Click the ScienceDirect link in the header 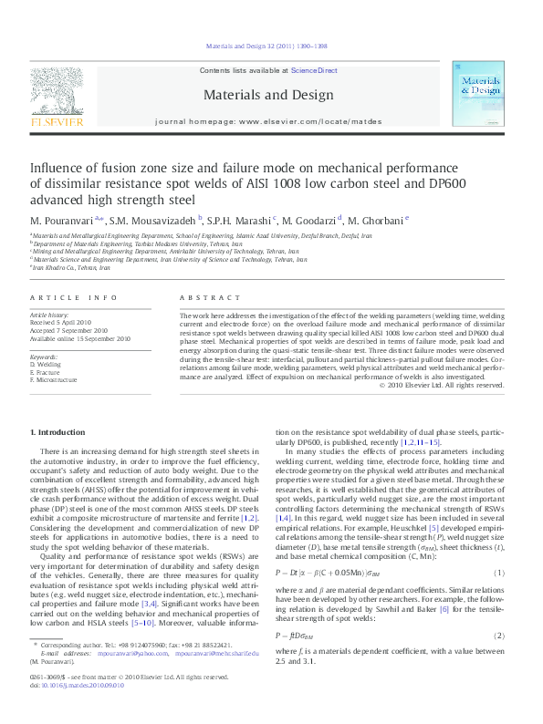314,70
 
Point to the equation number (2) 499,634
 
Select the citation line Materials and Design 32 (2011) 270,47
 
